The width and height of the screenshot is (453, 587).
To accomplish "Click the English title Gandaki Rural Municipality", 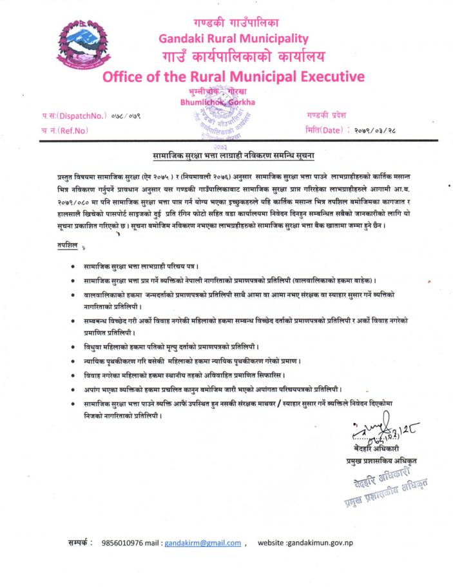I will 233,38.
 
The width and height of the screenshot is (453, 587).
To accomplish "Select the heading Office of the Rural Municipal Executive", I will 233,77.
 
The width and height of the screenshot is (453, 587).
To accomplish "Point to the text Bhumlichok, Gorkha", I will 218,101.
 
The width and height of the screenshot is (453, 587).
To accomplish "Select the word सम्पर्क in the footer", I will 81,542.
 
